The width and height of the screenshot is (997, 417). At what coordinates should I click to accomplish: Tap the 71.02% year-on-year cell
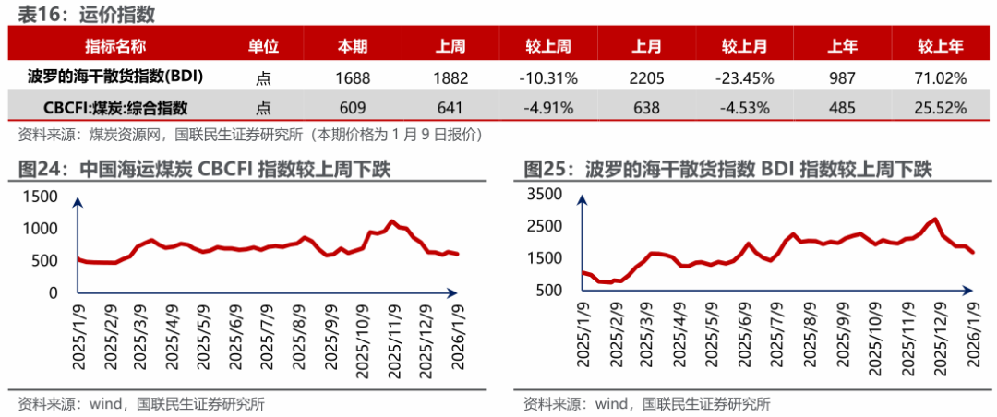tap(941, 77)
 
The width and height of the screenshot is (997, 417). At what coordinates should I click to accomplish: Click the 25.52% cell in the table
tap(941, 107)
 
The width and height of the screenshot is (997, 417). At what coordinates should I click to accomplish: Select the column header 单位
tap(263, 46)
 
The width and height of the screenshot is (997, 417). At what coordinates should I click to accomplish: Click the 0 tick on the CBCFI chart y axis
tap(53, 292)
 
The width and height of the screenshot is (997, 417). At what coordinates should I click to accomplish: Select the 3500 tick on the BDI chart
tap(546, 194)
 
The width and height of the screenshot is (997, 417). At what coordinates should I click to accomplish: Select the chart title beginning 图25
tap(728, 170)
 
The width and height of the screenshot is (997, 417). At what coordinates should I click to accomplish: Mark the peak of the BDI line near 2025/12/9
tap(936, 220)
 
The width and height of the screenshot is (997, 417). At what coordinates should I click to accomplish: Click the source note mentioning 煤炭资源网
tap(249, 135)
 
